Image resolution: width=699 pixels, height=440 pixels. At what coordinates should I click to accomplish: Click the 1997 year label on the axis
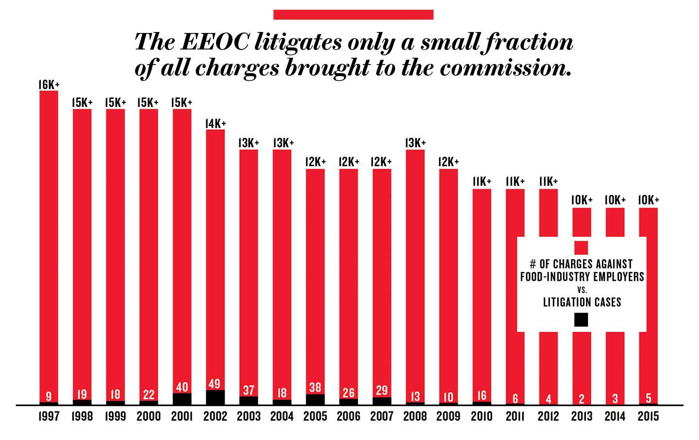pos(49,416)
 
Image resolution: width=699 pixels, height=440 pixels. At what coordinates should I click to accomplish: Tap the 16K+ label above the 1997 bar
pos(49,85)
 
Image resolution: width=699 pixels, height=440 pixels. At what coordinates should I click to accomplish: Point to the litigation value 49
pos(215,384)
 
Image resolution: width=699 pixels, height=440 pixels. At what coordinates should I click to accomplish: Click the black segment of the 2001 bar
pos(182,399)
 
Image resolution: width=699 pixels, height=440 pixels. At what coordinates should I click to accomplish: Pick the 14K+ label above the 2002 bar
pos(215,124)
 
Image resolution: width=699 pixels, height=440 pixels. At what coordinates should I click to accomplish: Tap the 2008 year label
pos(415,416)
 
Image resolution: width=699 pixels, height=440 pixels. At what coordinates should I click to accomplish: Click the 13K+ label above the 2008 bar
pos(415,143)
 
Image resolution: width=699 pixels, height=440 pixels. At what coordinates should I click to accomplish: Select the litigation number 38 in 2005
pos(315,387)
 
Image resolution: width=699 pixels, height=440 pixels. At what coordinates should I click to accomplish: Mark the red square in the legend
pos(581,247)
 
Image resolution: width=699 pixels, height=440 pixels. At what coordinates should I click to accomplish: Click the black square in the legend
pos(581,320)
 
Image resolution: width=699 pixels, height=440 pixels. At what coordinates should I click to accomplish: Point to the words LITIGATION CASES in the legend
pos(582,302)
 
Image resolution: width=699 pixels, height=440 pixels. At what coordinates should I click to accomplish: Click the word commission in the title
pos(505,68)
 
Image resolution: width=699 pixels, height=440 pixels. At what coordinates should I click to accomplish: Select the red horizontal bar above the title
pos(353,15)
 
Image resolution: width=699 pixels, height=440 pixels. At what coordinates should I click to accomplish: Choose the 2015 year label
pos(648,416)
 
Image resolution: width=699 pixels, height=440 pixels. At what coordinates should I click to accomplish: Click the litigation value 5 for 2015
pos(649,399)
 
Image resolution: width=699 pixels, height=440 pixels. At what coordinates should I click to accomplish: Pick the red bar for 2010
pos(482,291)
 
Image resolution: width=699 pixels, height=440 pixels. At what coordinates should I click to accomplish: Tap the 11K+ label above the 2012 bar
pos(548,181)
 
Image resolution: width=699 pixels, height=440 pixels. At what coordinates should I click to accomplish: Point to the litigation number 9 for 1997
pos(49,396)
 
